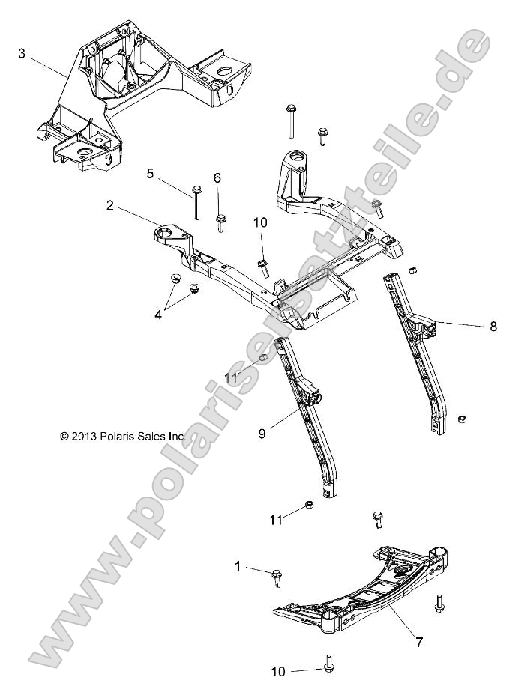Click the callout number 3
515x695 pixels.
coord(22,53)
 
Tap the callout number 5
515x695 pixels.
coord(151,174)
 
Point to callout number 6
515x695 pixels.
coord(217,177)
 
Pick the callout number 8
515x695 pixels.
coord(493,326)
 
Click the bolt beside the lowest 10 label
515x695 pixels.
coord(328,664)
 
